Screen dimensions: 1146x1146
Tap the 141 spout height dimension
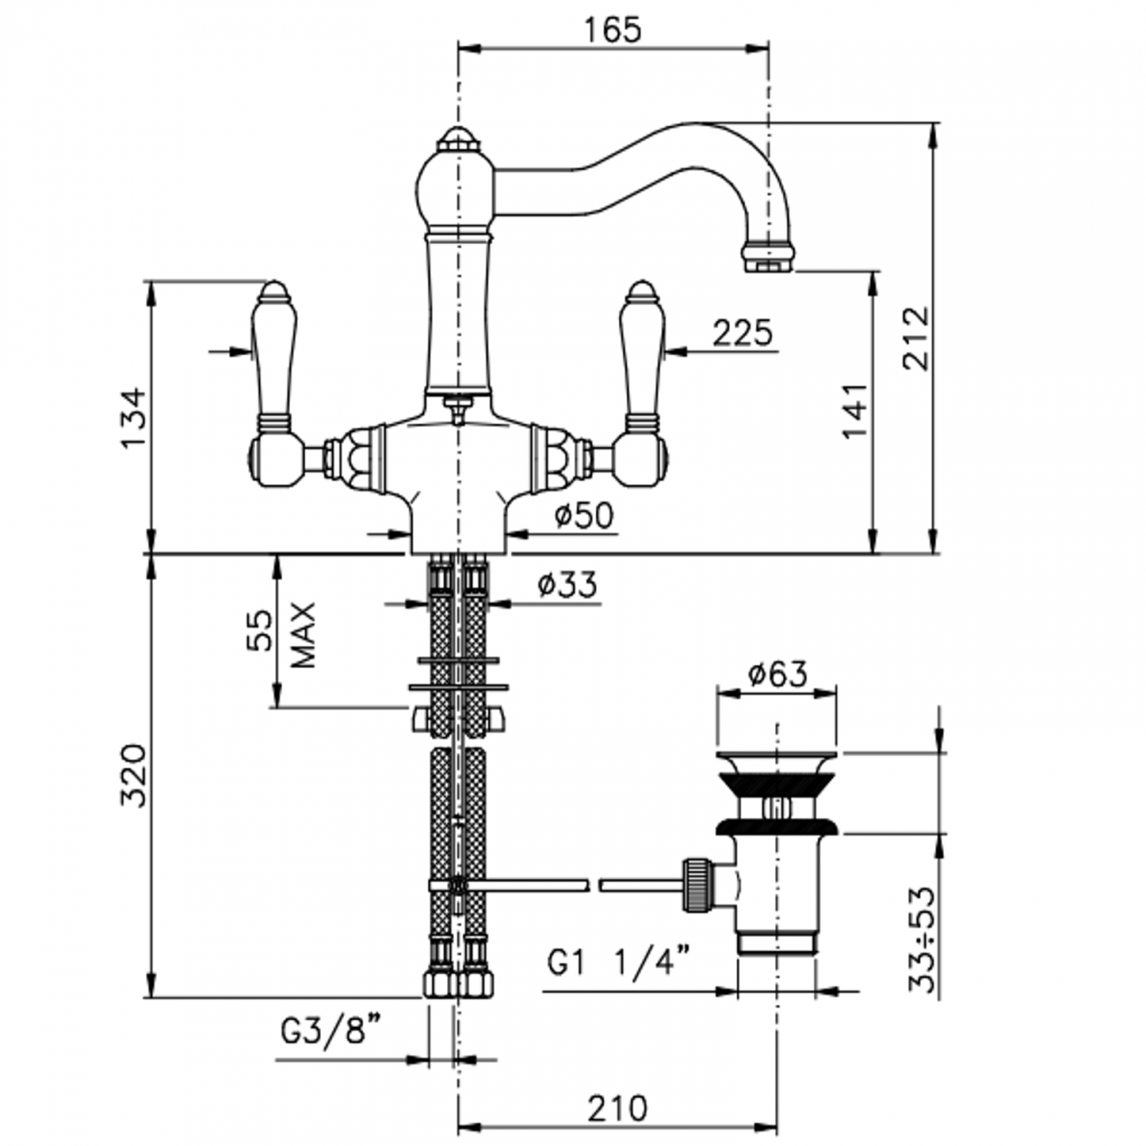pyautogui.click(x=853, y=411)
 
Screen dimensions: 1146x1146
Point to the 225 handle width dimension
pyautogui.click(x=741, y=333)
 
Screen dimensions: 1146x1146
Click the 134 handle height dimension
pyautogui.click(x=131, y=416)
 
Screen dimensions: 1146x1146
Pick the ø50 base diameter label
pyautogui.click(x=584, y=516)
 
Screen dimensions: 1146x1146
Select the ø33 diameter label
pyautogui.click(x=567, y=584)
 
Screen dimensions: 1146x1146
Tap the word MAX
pyautogui.click(x=302, y=635)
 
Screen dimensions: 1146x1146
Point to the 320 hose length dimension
pyautogui.click(x=132, y=776)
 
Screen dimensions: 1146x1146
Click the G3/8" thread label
pyautogui.click(x=331, y=1030)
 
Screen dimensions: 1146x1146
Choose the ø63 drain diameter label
pyautogui.click(x=777, y=674)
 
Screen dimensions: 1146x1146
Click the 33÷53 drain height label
pyautogui.click(x=922, y=939)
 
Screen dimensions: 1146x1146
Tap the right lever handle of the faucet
pyautogui.click(x=641, y=353)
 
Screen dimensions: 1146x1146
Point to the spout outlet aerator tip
pyautogui.click(x=769, y=257)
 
